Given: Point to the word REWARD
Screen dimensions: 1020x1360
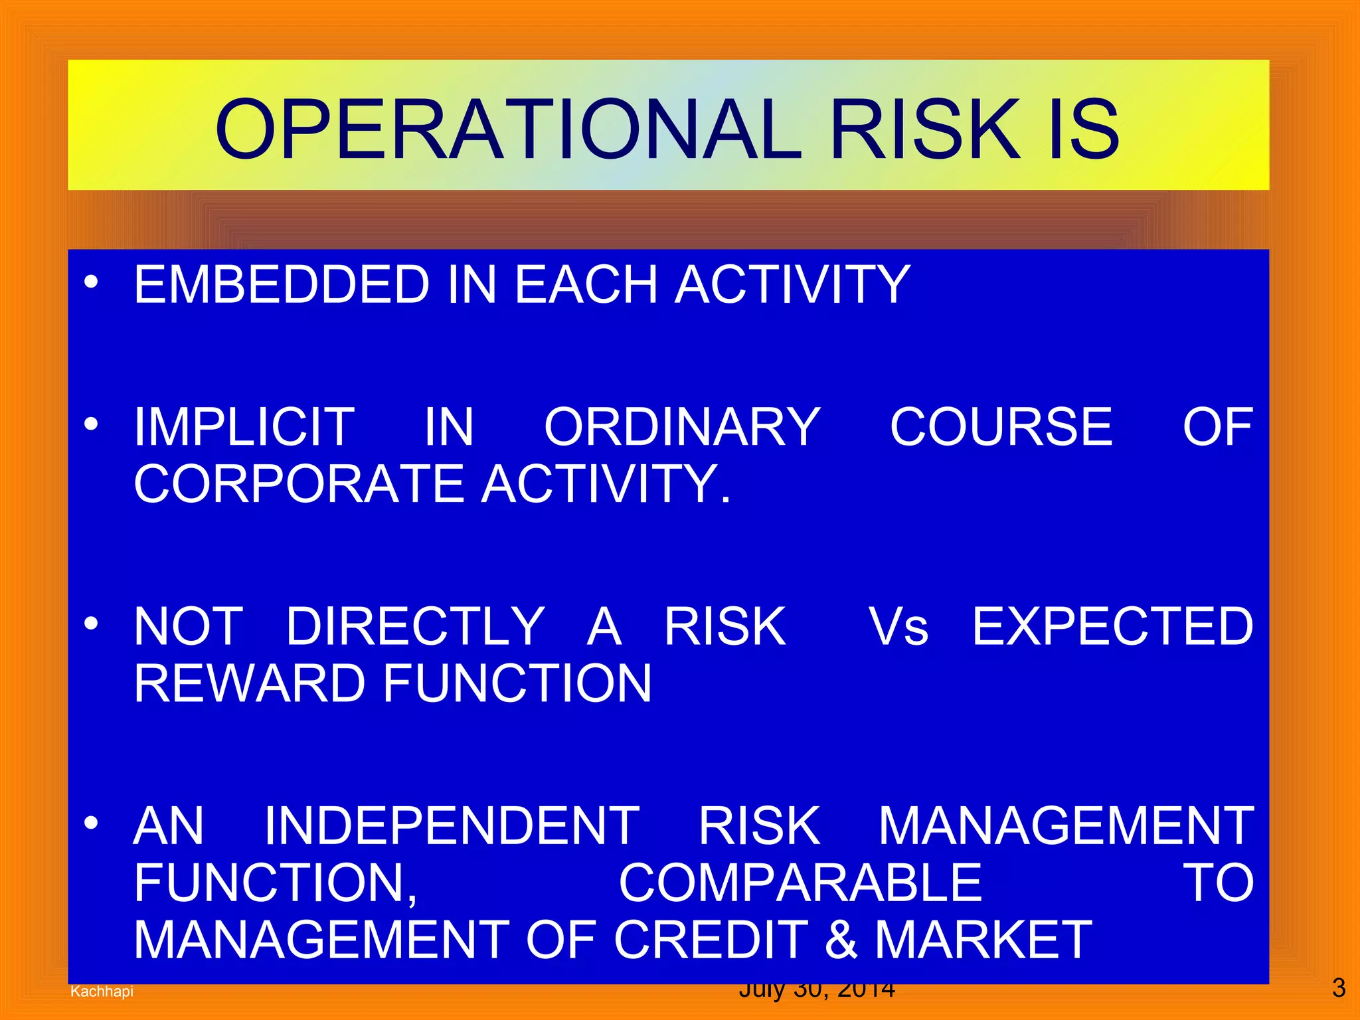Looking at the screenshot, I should pos(249,683).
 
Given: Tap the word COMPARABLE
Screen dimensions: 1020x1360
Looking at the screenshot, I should pos(800,883).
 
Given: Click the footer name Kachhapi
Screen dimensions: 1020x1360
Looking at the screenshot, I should pos(102,991).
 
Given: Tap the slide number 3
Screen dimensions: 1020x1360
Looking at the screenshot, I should pos(1339,987).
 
